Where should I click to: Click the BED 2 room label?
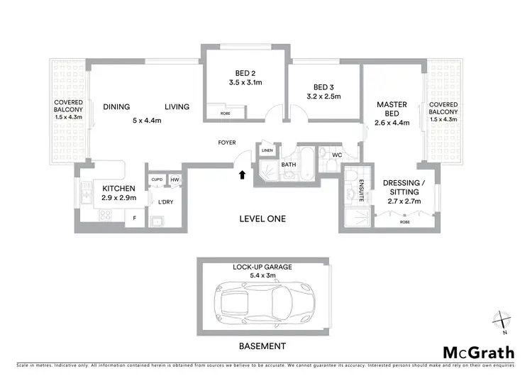coord(246,72)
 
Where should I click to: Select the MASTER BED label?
coord(392,109)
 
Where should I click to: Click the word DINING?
coord(116,107)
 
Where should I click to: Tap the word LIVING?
coord(177,107)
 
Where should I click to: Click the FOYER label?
coord(227,143)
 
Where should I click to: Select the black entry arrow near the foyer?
coord(243,174)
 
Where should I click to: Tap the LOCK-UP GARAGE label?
coord(263,267)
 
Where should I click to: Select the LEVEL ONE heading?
coord(262,219)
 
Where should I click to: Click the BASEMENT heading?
coord(262,346)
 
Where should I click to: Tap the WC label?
coord(337,155)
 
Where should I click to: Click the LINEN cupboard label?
coord(267,150)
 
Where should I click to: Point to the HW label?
coord(174,179)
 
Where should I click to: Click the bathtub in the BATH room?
coord(307,165)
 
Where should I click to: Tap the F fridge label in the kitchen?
coord(135,218)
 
